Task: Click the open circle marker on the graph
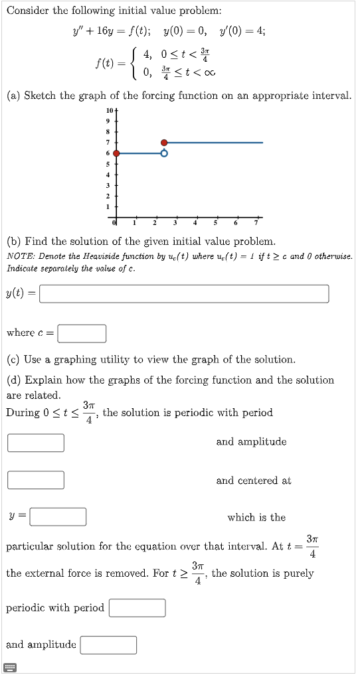pyautogui.click(x=164, y=153)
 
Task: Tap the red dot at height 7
pyautogui.click(x=164, y=142)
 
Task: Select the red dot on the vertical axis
pyautogui.click(x=117, y=153)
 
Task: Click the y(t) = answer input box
pyautogui.click(x=184, y=293)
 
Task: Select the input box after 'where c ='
pyautogui.click(x=82, y=333)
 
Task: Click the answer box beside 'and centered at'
pyautogui.click(x=37, y=480)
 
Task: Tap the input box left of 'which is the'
pyautogui.click(x=58, y=517)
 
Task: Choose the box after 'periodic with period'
pyautogui.click(x=137, y=608)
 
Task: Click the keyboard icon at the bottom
pyautogui.click(x=11, y=667)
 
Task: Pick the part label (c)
pyautogui.click(x=13, y=360)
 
